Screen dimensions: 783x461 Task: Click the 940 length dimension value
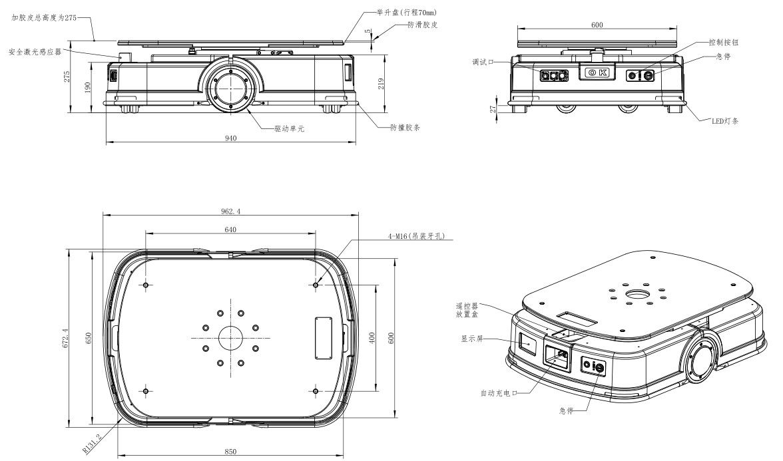coord(230,138)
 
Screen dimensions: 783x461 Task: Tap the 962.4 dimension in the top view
coord(230,211)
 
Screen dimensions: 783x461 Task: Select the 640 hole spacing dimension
coord(230,230)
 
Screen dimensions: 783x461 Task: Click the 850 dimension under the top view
coord(230,452)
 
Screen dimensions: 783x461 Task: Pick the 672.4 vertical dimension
coord(66,338)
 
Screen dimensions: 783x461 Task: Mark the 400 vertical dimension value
coord(371,338)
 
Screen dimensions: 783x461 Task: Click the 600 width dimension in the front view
coord(597,25)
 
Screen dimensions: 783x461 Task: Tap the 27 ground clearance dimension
coord(493,109)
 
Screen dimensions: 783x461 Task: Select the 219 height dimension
coord(381,83)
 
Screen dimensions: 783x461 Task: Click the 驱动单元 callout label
coord(290,129)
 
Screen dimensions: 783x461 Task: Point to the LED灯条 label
coord(725,121)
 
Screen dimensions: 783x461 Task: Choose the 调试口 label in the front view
coord(483,62)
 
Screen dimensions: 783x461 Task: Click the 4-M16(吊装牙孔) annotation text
coord(416,237)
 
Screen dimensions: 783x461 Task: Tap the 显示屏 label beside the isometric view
coord(472,339)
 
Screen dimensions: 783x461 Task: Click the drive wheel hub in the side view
coord(230,88)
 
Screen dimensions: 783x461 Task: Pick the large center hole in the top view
coord(230,338)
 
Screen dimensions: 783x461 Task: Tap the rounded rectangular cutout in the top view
coord(323,338)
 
